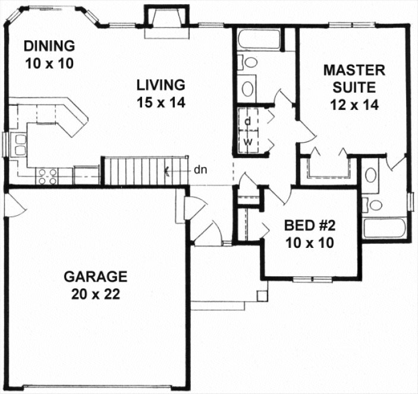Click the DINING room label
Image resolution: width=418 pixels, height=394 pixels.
[x=49, y=46]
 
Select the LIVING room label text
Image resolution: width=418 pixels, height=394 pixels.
[x=159, y=84]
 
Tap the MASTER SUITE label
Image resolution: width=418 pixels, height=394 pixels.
[x=354, y=78]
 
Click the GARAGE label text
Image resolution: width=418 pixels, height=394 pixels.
[x=95, y=276]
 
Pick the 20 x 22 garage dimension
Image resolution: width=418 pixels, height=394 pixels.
[x=95, y=295]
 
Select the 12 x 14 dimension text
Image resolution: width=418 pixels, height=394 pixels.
[x=354, y=105]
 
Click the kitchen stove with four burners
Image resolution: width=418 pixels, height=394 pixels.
[x=48, y=176]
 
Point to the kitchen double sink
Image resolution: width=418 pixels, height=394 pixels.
[x=18, y=144]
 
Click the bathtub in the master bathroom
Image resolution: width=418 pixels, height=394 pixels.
[x=385, y=229]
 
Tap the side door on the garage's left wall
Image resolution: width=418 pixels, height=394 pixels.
[x=13, y=205]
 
